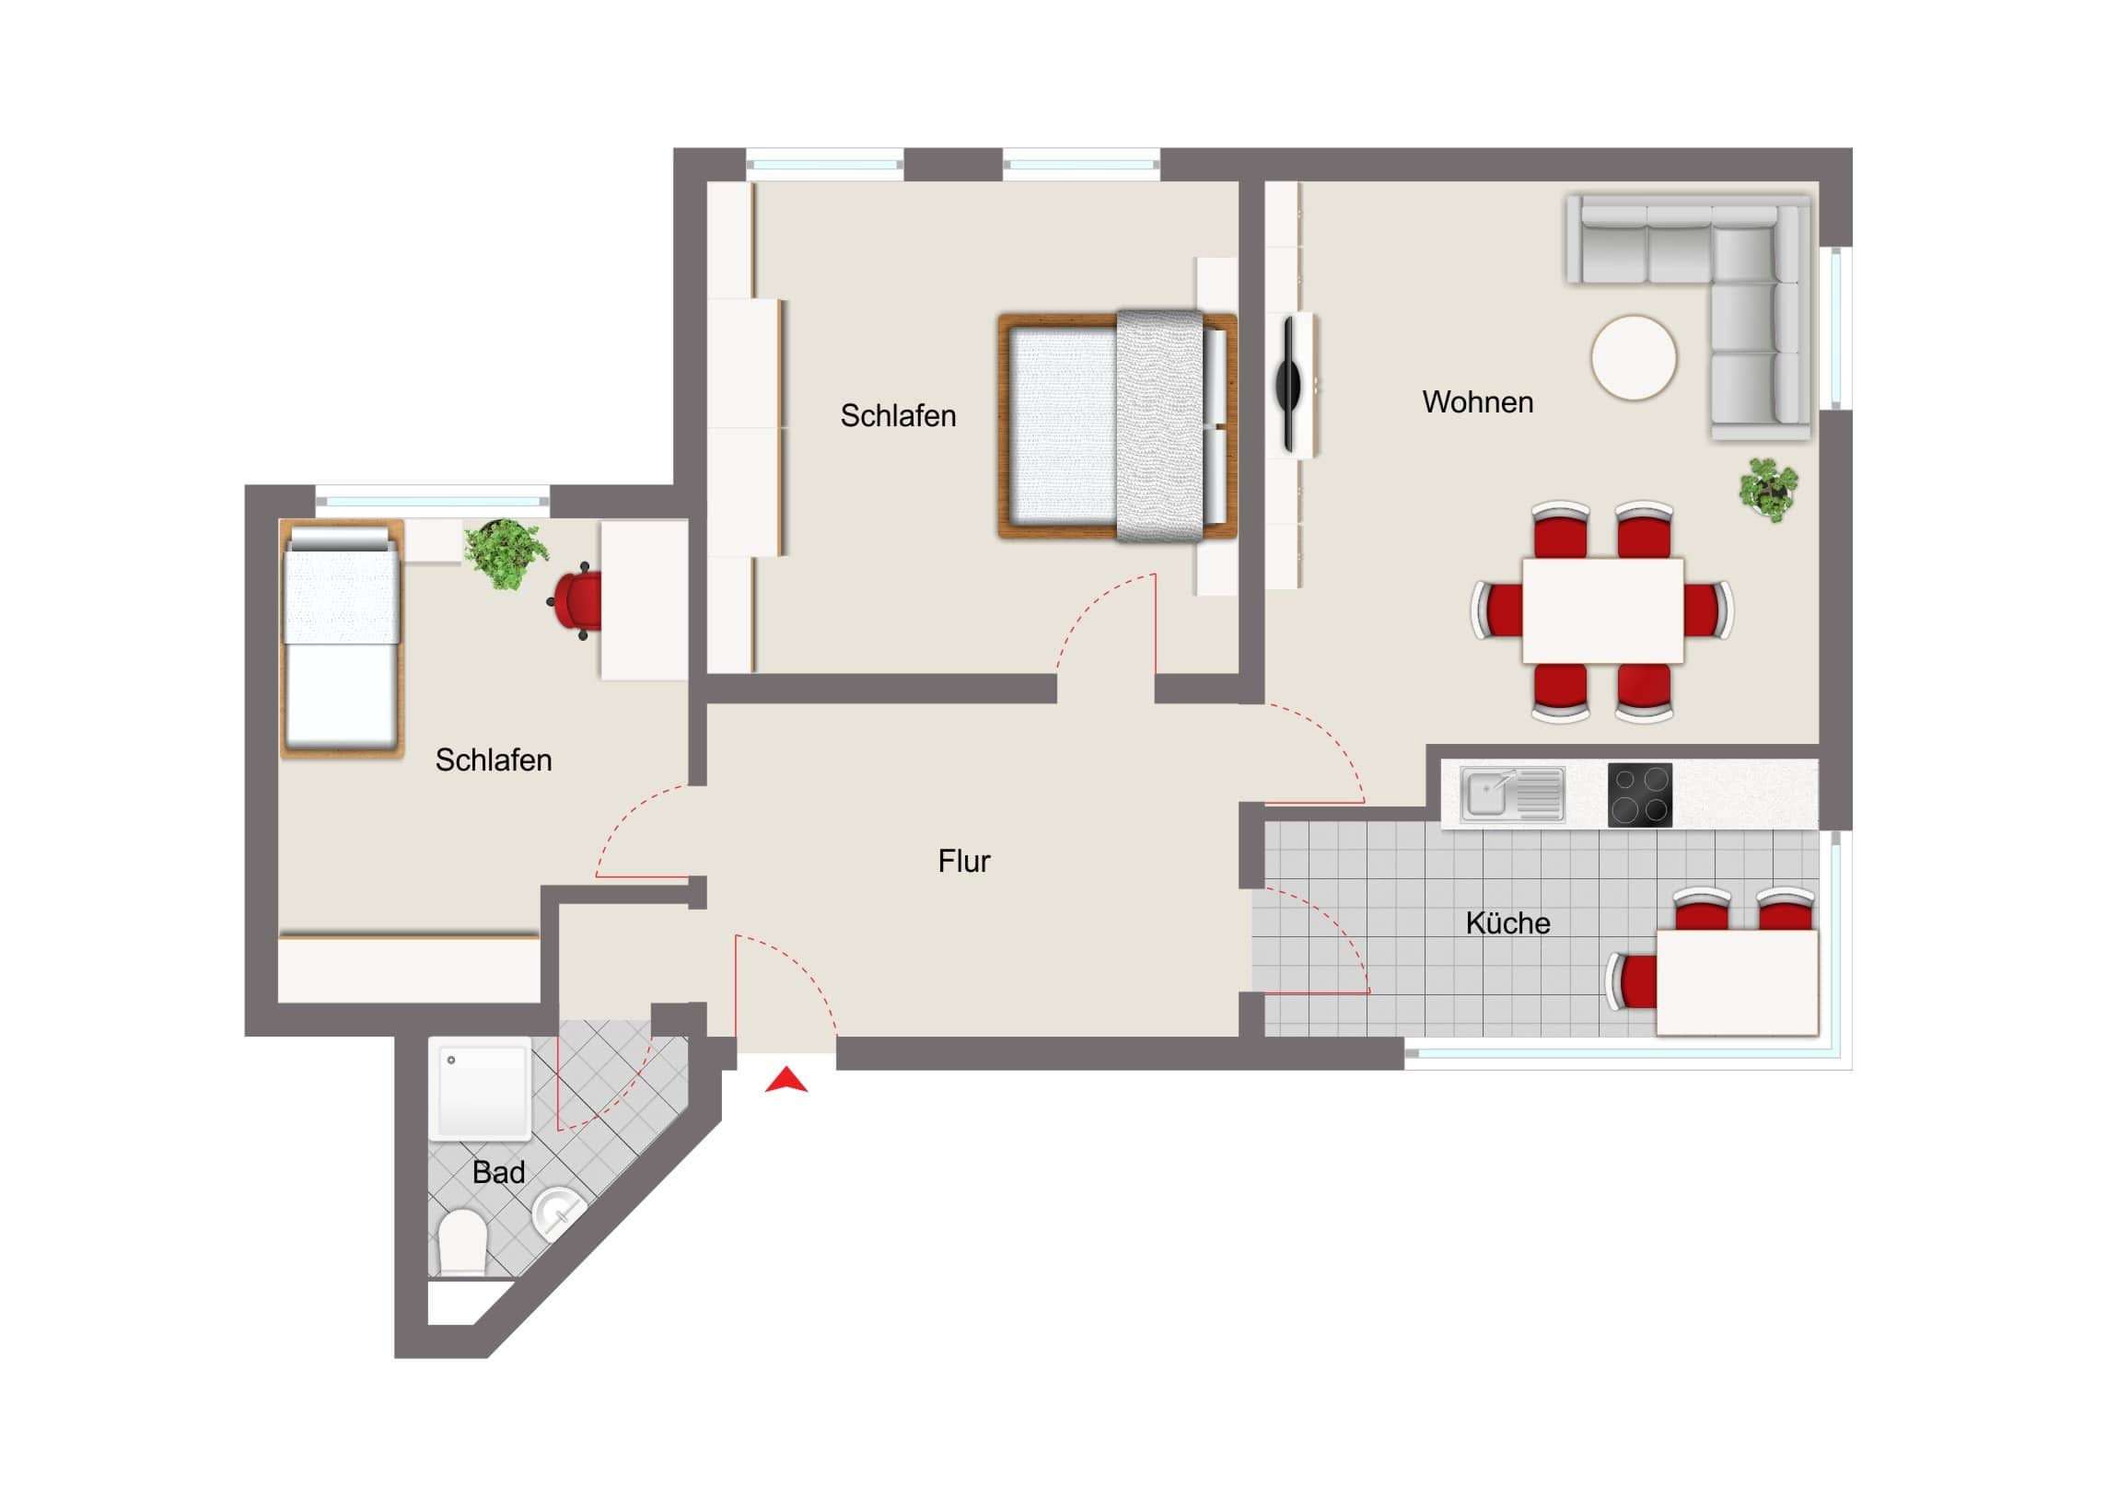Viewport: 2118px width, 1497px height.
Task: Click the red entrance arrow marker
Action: [786, 1081]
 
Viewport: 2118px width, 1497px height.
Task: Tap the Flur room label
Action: [964, 862]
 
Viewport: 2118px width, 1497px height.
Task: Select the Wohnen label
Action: [1478, 402]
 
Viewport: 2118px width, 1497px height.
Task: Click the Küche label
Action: [1507, 923]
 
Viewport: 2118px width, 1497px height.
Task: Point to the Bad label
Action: [498, 1172]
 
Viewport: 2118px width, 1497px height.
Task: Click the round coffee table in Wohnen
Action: [1634, 358]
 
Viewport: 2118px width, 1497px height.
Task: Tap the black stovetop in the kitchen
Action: [1640, 795]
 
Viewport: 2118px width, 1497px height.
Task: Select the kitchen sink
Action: [1513, 795]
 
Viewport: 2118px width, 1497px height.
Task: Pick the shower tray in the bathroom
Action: [480, 1088]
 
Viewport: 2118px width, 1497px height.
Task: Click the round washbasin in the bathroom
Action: [559, 1213]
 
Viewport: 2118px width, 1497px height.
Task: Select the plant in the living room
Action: [1768, 489]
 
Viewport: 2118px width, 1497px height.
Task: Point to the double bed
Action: [1117, 426]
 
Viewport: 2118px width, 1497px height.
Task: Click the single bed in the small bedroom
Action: [342, 638]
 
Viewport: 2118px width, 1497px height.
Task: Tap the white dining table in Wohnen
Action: [1603, 609]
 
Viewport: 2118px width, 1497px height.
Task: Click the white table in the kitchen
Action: [1738, 982]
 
